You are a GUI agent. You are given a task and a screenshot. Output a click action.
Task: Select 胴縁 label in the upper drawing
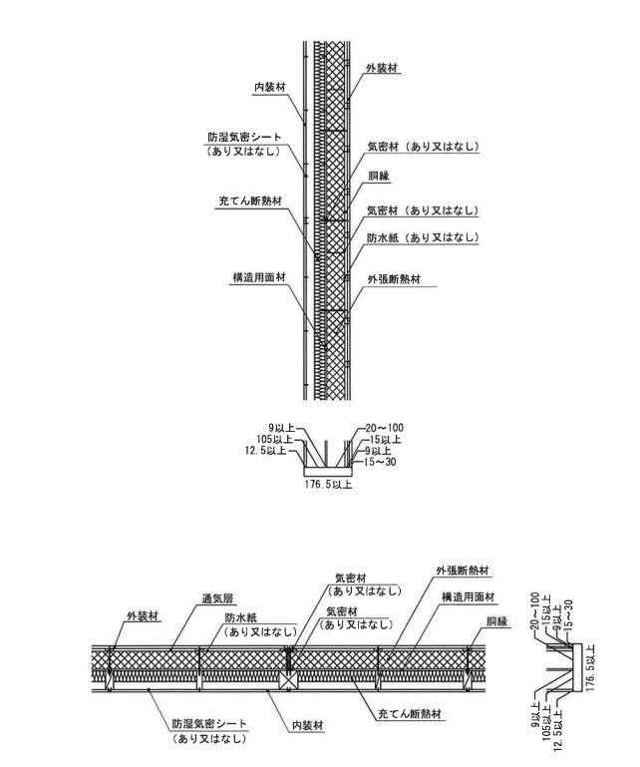tap(378, 176)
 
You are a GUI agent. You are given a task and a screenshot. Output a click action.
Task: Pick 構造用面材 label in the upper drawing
tap(257, 276)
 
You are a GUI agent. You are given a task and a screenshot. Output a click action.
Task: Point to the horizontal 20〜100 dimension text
tap(385, 427)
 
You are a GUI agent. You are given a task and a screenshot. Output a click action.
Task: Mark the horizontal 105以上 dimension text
tap(274, 439)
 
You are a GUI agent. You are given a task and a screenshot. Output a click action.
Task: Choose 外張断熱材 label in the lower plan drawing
tap(463, 572)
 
